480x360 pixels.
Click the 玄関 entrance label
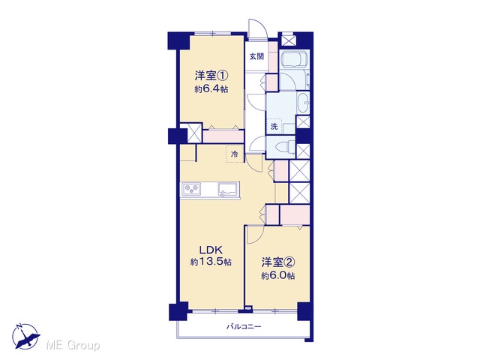(256, 57)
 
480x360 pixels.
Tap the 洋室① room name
(211, 75)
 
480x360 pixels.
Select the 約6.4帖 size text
(211, 89)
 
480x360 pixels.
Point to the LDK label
(211, 250)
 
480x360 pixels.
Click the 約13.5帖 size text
(211, 262)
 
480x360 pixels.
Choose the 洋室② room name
(278, 262)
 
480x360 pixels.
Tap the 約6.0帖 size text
(278, 276)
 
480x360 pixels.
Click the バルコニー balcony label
(244, 327)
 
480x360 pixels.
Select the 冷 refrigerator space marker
(235, 154)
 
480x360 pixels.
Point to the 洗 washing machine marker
(274, 126)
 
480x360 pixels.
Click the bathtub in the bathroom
(295, 58)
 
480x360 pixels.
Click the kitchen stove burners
(191, 189)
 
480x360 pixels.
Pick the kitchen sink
(228, 189)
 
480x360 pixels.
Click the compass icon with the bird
(26, 336)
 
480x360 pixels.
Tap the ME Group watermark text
(73, 346)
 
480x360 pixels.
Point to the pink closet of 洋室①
(223, 136)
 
